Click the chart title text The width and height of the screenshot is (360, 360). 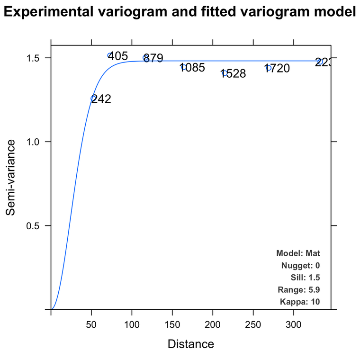point(180,13)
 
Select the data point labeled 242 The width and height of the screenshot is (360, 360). point(93,98)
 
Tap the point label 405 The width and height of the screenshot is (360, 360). point(118,56)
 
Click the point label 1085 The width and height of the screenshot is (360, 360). point(192,68)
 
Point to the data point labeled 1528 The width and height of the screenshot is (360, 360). point(225,73)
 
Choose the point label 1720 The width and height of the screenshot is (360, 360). point(277,69)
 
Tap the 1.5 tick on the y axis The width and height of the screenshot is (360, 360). point(36,58)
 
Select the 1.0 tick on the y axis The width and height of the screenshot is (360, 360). point(36,142)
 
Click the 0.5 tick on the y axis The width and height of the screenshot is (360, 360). point(36,225)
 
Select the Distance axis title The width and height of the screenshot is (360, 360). point(191,344)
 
